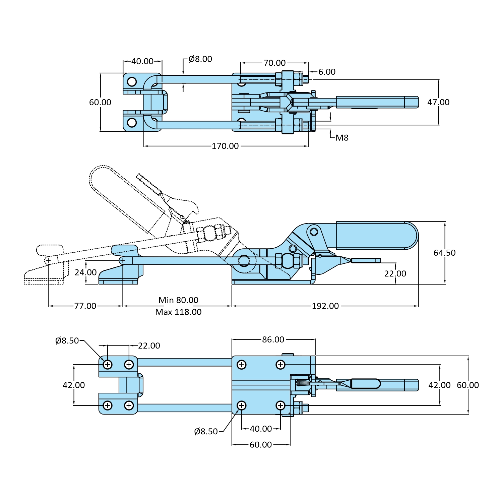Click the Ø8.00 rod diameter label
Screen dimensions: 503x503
(200, 59)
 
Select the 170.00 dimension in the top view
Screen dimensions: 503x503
(225, 146)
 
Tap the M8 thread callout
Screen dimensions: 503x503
(342, 138)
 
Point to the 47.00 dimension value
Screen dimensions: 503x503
(438, 102)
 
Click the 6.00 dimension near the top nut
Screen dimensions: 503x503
(327, 72)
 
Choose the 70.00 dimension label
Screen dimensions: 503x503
(274, 63)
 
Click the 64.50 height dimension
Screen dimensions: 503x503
(444, 253)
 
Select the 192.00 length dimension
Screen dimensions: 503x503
(325, 306)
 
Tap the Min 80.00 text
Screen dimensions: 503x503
(178, 300)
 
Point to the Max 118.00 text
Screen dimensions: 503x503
(178, 312)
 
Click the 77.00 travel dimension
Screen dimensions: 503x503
(85, 306)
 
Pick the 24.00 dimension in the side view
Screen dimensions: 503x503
(85, 272)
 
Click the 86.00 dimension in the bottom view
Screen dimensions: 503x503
(273, 339)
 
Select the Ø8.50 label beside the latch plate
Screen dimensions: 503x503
(67, 341)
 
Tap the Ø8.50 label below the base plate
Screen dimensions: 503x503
(206, 432)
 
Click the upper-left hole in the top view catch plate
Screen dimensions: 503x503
(132, 82)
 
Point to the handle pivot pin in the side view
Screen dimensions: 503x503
(314, 231)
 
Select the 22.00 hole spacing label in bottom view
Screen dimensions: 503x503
(149, 345)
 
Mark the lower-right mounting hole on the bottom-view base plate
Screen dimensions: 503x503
(280, 406)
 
